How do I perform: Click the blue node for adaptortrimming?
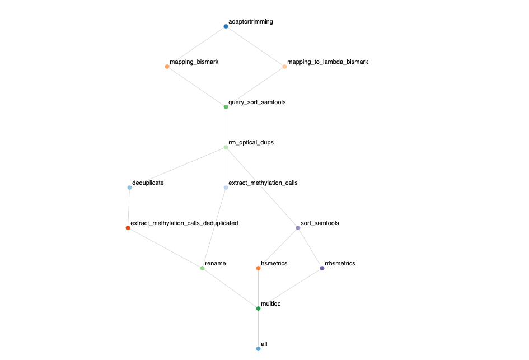tap(226, 26)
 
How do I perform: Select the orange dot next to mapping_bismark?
tap(167, 67)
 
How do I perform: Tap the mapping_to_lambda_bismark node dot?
tap(284, 67)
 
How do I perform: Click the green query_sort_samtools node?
tap(226, 107)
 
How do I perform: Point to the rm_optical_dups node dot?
tap(226, 147)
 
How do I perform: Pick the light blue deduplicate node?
tap(129, 188)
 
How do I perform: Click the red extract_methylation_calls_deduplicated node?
tap(128, 228)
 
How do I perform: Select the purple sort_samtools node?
tap(298, 228)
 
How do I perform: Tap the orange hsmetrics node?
tap(258, 268)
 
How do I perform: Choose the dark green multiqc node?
tap(258, 308)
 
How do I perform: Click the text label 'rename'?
tap(216, 263)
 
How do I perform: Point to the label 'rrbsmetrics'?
tap(340, 263)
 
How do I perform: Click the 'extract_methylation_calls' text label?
tap(263, 183)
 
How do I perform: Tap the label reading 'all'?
tap(264, 343)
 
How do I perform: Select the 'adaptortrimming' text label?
tap(251, 21)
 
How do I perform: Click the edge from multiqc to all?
tap(258, 329)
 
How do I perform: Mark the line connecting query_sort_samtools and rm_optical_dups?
tap(226, 127)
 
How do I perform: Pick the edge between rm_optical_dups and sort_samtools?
tap(261, 188)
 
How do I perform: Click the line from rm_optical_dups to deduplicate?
tap(177, 167)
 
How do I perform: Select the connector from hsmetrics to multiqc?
tap(258, 288)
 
